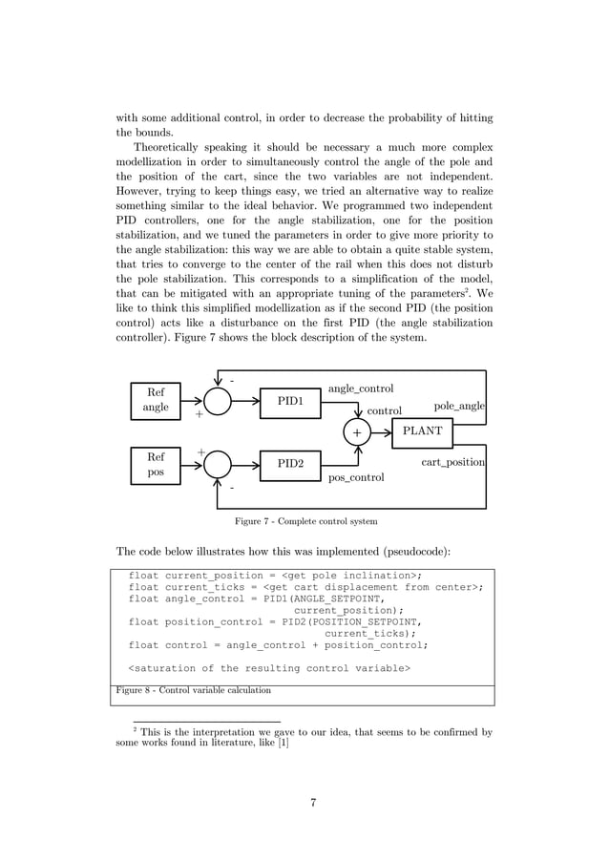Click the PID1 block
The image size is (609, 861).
click(x=290, y=402)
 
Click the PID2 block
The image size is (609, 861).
click(x=290, y=465)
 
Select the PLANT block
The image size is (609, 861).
click(x=422, y=431)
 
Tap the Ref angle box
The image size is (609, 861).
click(x=156, y=400)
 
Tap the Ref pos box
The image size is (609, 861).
click(x=156, y=465)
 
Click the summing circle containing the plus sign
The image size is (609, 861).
click(x=357, y=432)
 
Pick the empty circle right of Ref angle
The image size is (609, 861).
click(x=218, y=402)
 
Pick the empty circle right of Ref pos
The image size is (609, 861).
click(x=218, y=465)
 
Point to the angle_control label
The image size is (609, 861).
click(x=361, y=388)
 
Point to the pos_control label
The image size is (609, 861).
click(x=356, y=477)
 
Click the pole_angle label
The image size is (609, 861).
click(x=459, y=407)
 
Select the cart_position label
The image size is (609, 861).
click(x=453, y=463)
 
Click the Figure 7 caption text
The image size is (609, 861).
click(x=305, y=522)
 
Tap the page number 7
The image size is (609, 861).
click(x=313, y=802)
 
